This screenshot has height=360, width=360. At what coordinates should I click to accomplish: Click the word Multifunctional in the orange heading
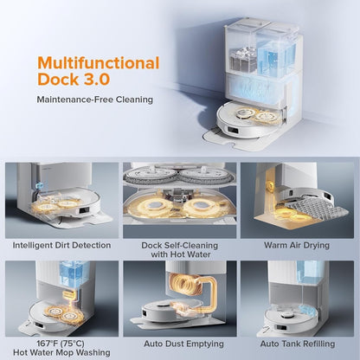pos(99,63)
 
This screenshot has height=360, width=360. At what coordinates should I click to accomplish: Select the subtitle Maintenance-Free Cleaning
pos(95,100)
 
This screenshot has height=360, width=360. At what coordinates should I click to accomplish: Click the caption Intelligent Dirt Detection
pos(61,245)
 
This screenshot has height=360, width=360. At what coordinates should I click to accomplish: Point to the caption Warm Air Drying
pos(297,246)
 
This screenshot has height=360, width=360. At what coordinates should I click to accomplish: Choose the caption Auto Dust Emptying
pos(183,344)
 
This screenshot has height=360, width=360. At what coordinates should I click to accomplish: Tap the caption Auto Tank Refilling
pos(298,344)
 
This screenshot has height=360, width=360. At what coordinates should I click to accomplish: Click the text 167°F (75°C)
pos(61,344)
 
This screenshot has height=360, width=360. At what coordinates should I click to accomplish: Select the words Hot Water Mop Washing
pos(61,352)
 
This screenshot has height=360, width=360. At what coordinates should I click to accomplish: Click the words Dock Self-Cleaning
pos(179,246)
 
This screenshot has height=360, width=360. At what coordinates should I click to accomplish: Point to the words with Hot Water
pos(181,254)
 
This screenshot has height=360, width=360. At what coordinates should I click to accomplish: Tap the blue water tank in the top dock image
pos(274,55)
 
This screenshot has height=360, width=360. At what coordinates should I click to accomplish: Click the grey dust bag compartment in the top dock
pos(243,60)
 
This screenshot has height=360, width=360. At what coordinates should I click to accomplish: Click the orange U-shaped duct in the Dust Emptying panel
pos(192,292)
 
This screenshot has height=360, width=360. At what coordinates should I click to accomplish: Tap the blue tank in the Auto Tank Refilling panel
pos(308,272)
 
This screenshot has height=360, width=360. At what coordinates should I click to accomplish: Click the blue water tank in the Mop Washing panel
pos(70,273)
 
